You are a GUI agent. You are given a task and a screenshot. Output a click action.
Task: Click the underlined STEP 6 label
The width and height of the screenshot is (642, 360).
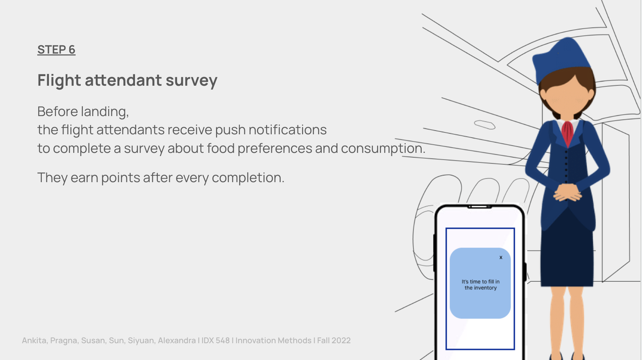click(56, 50)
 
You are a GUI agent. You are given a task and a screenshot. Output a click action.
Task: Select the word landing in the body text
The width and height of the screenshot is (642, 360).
click(105, 112)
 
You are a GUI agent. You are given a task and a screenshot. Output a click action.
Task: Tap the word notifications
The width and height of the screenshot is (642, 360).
click(287, 130)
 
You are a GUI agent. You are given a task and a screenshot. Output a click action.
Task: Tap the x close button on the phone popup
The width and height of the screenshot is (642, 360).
click(501, 257)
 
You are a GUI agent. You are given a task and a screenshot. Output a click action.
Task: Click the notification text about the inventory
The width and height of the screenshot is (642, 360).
click(481, 285)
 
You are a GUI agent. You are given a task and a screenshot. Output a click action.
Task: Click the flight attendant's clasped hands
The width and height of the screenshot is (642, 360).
click(567, 192)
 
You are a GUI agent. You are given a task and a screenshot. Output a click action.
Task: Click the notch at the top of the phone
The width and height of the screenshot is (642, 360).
click(480, 206)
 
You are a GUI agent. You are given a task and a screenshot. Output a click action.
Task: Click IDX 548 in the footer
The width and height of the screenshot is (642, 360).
click(215, 340)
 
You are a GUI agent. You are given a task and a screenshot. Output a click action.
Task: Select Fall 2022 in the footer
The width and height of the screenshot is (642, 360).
click(334, 340)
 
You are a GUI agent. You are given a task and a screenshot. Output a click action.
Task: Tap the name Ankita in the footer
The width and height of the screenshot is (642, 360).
click(34, 341)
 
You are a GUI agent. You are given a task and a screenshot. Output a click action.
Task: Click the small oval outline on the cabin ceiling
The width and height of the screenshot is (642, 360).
click(485, 125)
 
